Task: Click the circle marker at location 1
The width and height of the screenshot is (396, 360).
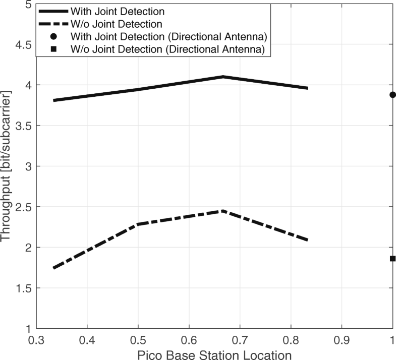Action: (392, 95)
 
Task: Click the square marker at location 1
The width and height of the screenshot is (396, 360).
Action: (392, 259)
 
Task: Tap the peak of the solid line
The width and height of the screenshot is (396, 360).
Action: (222, 77)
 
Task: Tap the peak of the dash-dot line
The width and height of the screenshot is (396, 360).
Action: (222, 211)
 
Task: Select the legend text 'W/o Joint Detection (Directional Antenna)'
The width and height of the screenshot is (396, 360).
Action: (168, 49)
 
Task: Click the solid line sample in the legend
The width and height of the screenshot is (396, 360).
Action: (52, 10)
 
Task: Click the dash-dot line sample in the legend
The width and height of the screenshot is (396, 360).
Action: (52, 23)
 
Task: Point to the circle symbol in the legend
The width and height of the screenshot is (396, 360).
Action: (53, 36)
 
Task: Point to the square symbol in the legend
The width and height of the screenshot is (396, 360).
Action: (53, 49)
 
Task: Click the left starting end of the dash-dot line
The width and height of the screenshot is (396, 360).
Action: (53, 268)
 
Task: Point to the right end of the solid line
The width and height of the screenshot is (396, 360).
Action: (307, 88)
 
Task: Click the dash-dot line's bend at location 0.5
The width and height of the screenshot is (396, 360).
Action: (138, 224)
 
